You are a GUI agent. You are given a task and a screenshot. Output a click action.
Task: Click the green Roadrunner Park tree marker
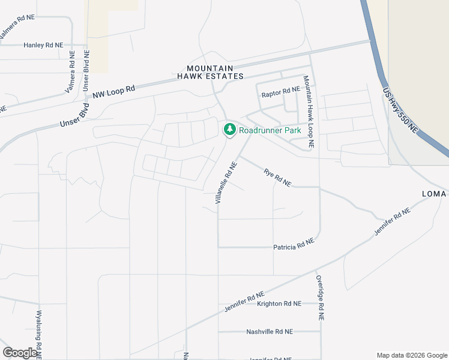tap(229, 129)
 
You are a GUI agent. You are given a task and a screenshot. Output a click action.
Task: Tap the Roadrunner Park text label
tap(270, 130)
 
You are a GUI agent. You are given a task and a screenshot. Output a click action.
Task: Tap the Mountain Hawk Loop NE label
tap(309, 112)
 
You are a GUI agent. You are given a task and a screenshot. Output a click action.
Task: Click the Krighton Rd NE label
tap(279, 304)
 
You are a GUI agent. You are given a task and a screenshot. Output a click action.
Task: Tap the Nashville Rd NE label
tap(270, 331)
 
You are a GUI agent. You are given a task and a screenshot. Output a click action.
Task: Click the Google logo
tap(20, 353)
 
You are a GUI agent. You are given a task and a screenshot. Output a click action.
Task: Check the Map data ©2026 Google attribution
tap(411, 355)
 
